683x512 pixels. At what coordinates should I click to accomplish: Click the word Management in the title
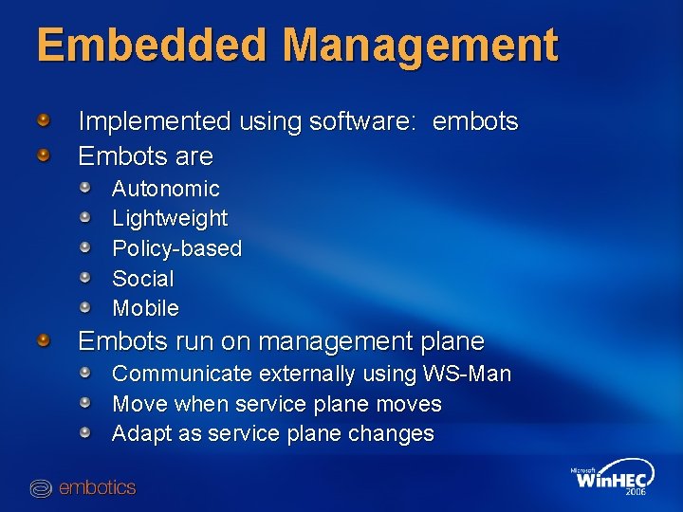coord(420,46)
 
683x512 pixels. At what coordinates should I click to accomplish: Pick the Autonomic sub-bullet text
coord(165,189)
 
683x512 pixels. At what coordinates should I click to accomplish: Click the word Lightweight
coord(170,218)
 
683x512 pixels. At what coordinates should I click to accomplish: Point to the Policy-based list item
coord(176,248)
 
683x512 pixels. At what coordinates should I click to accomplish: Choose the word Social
coord(142,279)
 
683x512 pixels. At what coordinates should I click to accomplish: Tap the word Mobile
coord(145,308)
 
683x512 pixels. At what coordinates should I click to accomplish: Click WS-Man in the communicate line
coord(470,374)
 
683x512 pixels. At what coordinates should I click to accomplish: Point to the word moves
coord(408,404)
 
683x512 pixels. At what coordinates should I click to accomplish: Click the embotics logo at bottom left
coord(83,488)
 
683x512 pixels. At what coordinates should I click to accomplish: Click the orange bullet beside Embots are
coord(44,154)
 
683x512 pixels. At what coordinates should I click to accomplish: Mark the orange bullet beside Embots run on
coord(44,339)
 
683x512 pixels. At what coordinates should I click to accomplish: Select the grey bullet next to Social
coord(85,277)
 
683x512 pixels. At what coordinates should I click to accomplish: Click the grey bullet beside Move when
coord(85,403)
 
